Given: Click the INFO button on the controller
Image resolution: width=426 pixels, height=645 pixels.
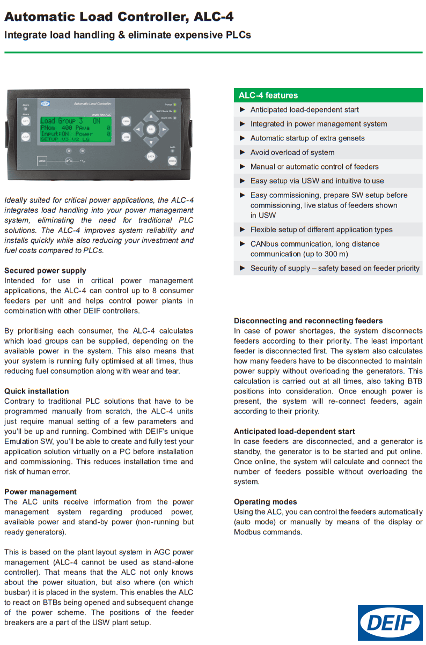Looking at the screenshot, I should (x=26, y=121).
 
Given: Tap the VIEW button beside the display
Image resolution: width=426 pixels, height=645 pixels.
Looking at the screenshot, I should (x=126, y=121).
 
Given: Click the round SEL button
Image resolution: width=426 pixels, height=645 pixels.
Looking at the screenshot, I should (x=151, y=129).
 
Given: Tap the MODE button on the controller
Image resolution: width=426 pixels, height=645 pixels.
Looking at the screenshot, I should (x=172, y=160).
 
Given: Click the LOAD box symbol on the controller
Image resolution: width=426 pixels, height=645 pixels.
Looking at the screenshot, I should (x=42, y=160).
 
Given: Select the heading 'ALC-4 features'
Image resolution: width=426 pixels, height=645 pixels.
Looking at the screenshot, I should (x=268, y=95).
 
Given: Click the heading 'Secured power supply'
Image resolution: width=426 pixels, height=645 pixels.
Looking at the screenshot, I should (x=45, y=271).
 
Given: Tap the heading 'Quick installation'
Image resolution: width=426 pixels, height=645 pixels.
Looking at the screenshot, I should (x=36, y=391).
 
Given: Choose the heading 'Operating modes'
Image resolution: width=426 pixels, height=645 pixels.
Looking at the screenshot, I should (x=265, y=502).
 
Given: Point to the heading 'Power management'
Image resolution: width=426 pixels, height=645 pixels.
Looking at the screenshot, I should (x=40, y=492).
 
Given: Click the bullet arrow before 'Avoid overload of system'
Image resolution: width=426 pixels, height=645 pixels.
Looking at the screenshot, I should (x=243, y=152).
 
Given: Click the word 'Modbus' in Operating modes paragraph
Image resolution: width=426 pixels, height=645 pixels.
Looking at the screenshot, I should (x=248, y=532).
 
